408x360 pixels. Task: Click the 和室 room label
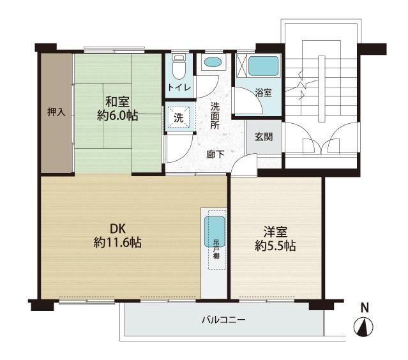(117, 101)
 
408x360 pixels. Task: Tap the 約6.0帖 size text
(117, 116)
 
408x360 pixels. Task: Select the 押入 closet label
(56, 112)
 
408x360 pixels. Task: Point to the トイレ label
(179, 87)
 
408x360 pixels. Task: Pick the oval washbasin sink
(213, 62)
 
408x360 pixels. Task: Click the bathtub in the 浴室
(263, 66)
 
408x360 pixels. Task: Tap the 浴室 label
(263, 93)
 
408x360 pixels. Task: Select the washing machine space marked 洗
(179, 118)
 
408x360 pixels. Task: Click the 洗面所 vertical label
(215, 116)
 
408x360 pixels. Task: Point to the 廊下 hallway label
(215, 154)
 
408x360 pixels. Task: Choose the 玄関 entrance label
(264, 137)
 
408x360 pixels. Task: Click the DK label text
(118, 229)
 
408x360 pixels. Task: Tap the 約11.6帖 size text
(117, 243)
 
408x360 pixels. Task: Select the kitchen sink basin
(215, 232)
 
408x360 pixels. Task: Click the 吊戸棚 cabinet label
(216, 249)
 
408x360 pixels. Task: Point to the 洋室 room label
(275, 232)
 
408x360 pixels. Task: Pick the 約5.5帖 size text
(275, 246)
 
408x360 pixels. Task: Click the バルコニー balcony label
(223, 320)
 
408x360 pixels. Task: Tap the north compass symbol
(363, 327)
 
